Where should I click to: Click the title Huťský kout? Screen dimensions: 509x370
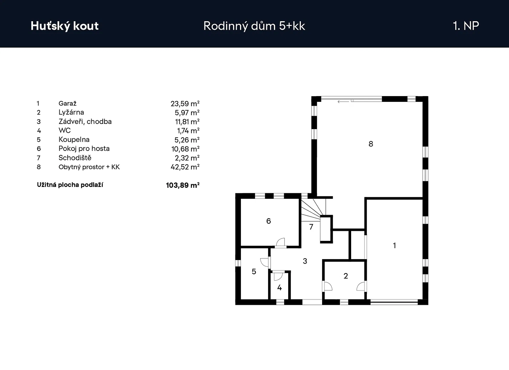(65, 26)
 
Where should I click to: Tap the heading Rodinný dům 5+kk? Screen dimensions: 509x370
(254, 26)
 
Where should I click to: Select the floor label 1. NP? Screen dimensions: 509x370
(466, 26)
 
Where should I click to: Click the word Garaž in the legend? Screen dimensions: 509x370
(68, 103)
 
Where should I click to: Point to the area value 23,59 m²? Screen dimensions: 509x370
(185, 104)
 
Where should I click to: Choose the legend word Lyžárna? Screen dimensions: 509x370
(71, 112)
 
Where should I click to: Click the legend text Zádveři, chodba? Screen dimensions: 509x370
(85, 122)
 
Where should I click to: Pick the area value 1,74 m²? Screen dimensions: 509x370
(188, 131)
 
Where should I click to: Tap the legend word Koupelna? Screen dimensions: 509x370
(74, 139)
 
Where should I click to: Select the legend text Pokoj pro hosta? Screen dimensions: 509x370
(84, 148)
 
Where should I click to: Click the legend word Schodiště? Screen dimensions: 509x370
(75, 158)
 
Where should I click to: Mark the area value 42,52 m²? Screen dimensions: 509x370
(185, 167)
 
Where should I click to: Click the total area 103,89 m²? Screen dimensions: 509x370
(183, 185)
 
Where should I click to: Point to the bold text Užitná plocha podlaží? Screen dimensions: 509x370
(70, 185)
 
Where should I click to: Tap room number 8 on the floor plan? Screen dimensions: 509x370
(371, 144)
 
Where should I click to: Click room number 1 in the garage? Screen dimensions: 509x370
(394, 245)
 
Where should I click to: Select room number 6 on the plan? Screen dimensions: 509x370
(268, 221)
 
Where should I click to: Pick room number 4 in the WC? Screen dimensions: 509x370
(279, 288)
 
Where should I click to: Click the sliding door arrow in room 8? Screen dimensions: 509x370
(344, 102)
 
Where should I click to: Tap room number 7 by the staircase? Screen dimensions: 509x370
(311, 227)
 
